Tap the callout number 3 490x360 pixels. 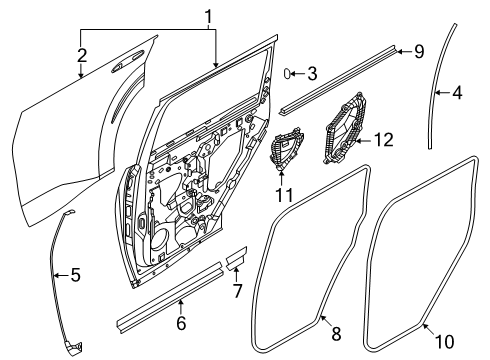click(312, 73)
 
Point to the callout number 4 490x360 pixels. click(457, 94)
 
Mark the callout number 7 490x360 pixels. click(237, 291)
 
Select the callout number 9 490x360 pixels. click(419, 50)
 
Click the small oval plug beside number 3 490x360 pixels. click(287, 73)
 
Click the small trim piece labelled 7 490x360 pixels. click(237, 259)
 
